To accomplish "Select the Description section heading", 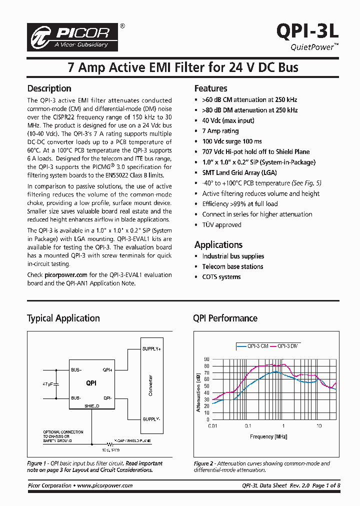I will coord(49,88).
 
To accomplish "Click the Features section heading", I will coord(210,88).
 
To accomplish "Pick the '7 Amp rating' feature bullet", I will coord(220,131).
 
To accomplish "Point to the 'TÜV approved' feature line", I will coord(221,225).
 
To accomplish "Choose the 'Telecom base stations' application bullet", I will coord(232,266).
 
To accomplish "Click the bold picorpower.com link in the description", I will coord(66,274).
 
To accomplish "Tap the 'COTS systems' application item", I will coord(221,277).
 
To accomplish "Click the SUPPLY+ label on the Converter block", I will coord(151,348).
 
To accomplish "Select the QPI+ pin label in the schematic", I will coord(107,370).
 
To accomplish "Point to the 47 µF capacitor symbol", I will coord(56,384).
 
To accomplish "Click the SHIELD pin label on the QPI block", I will coord(91,406).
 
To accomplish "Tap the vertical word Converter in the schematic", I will coord(150,385).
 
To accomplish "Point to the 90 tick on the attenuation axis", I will coord(206,359).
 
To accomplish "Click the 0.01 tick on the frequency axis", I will coord(212,426).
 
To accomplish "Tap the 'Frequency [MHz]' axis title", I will coord(268,436).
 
